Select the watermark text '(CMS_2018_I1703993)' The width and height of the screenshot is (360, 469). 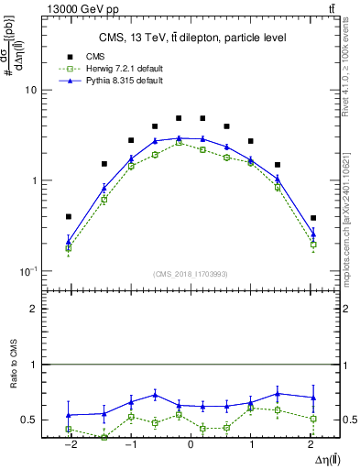point(191,275)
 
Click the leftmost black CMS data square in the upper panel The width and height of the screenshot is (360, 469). point(68,217)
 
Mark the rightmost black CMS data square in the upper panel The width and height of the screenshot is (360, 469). point(313,218)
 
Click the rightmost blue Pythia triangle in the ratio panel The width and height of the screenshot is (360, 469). point(313,398)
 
